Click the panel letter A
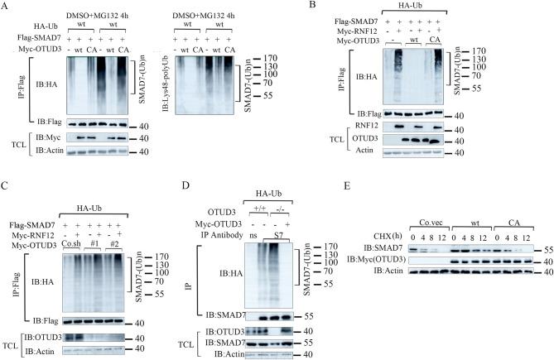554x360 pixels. pyautogui.click(x=7, y=7)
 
